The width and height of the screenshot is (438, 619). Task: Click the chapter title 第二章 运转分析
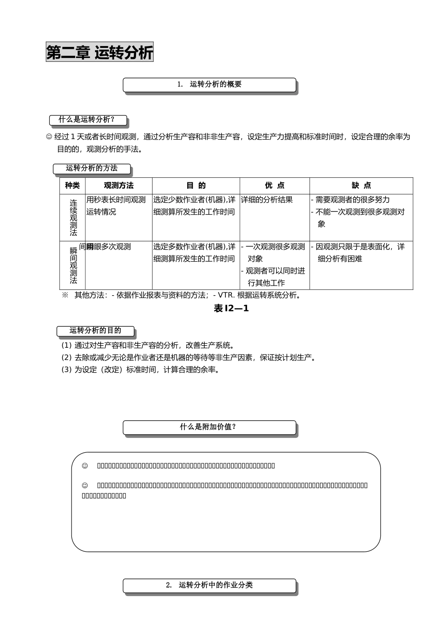(x=100, y=53)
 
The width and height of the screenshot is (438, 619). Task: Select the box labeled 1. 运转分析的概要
(x=209, y=84)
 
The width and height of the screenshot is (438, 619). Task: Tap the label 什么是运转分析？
(x=88, y=120)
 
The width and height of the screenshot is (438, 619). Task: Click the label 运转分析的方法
(x=92, y=169)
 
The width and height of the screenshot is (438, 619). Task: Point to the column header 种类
(x=72, y=186)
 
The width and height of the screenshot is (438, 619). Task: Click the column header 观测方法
(x=118, y=186)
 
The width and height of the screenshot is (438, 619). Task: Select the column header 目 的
(x=196, y=186)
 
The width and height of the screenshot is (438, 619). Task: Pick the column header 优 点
(x=275, y=186)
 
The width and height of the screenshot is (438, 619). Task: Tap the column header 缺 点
(x=361, y=186)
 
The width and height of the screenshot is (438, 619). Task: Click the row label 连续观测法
(x=74, y=217)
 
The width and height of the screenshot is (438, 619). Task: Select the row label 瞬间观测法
(x=74, y=265)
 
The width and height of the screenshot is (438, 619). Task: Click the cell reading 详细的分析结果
(x=267, y=200)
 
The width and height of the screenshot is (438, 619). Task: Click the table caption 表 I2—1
(x=231, y=309)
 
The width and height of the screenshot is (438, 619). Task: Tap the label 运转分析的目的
(x=95, y=331)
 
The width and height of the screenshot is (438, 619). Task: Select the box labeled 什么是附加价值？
(x=209, y=427)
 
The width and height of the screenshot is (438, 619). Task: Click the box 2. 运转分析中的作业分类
(x=209, y=585)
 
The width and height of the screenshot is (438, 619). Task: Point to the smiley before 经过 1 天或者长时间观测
(x=49, y=137)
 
